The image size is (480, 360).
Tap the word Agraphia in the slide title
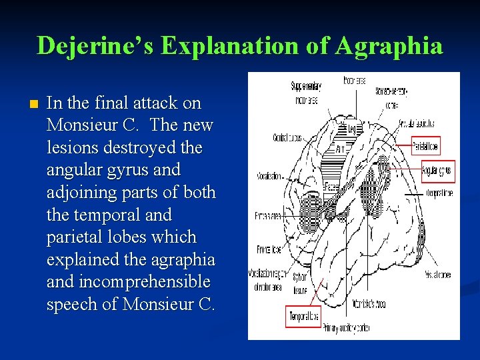click(389, 46)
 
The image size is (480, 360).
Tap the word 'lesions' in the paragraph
click(69, 147)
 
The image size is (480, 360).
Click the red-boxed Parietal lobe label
click(425, 145)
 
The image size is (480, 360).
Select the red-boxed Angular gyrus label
click(437, 171)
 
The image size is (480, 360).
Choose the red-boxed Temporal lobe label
click(303, 317)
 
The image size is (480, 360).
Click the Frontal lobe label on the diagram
click(269, 249)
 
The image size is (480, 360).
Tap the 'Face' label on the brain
click(331, 188)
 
